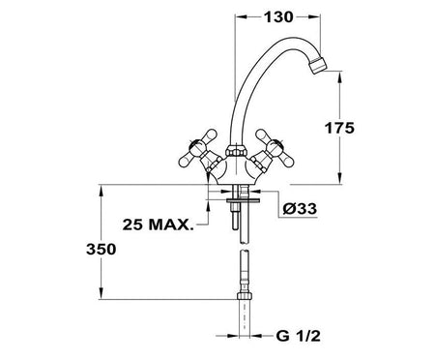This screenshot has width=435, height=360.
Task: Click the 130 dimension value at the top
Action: click(278, 17)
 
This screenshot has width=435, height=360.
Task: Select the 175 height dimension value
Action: click(339, 128)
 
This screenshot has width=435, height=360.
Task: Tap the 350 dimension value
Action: click(101, 250)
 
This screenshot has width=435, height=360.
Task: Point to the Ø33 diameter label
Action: click(300, 209)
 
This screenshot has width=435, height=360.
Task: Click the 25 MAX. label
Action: click(159, 225)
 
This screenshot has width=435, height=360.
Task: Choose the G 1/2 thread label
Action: click(299, 336)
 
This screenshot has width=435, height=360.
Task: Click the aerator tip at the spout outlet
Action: click(317, 66)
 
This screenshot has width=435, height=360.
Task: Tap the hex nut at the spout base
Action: click(236, 151)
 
